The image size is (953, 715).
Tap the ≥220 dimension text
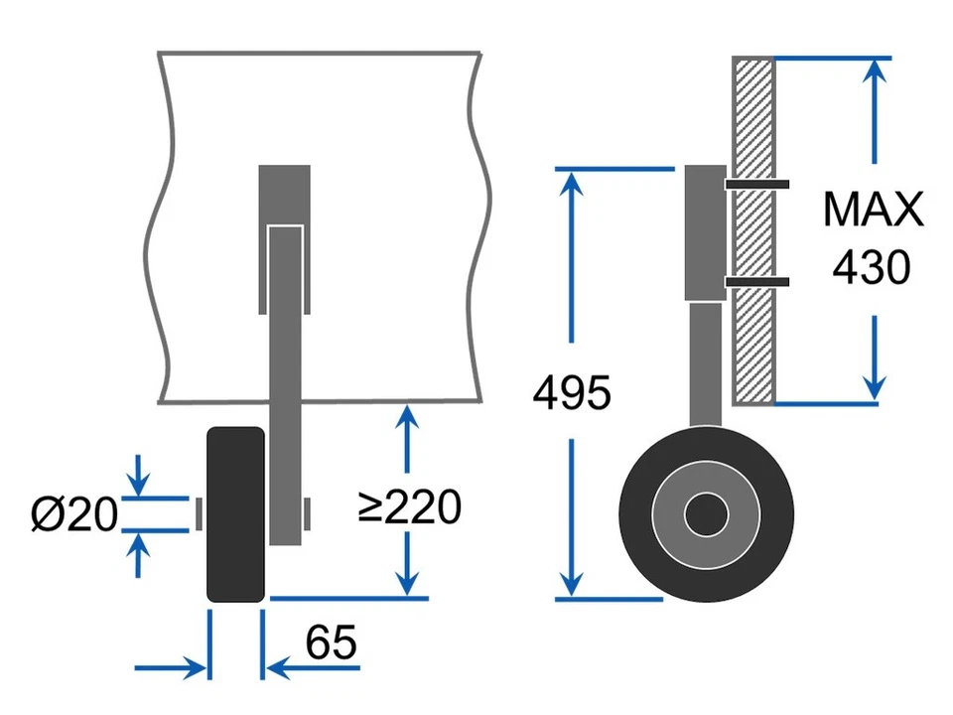coord(409,507)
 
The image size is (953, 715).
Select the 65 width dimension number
coord(331,643)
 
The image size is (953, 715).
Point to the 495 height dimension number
coord(572,394)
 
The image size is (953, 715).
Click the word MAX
coord(874,211)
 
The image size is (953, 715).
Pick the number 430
coord(872,267)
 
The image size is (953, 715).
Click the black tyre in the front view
coord(235,514)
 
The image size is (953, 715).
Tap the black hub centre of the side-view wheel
coord(706,513)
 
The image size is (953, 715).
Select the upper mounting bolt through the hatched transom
coord(756,184)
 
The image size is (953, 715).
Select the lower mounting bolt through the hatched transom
coord(756,283)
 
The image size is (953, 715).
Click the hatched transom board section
coord(753,338)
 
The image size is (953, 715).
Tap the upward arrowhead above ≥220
coord(406,420)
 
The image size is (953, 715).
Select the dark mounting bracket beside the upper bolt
coord(706,232)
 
